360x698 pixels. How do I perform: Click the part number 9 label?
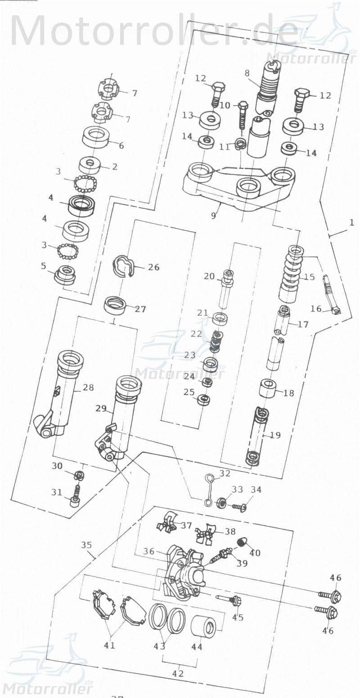point(213,216)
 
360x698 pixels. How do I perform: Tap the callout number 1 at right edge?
point(352,222)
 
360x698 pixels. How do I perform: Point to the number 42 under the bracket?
point(178,674)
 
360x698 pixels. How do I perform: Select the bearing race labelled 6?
point(96,137)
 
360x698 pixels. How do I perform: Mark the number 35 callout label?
point(86,545)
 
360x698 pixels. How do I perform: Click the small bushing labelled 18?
point(269,387)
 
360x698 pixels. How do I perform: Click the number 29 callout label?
point(100,408)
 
